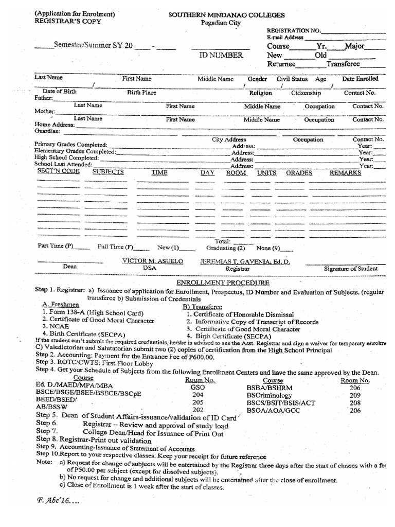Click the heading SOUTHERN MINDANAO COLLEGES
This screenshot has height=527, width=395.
[x=227, y=15]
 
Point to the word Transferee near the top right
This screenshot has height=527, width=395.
[x=343, y=64]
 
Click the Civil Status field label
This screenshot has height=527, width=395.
[x=292, y=79]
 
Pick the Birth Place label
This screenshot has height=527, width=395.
[x=141, y=93]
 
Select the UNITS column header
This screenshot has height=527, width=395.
[x=266, y=173]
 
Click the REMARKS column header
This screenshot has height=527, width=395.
[x=345, y=173]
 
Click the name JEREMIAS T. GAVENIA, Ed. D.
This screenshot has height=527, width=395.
[x=245, y=262]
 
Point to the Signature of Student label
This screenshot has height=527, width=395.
[x=350, y=268]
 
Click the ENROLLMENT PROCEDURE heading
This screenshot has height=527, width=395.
[x=222, y=283]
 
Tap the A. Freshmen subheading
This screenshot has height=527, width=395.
[x=58, y=305]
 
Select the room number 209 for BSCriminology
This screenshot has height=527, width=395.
[x=355, y=395]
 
